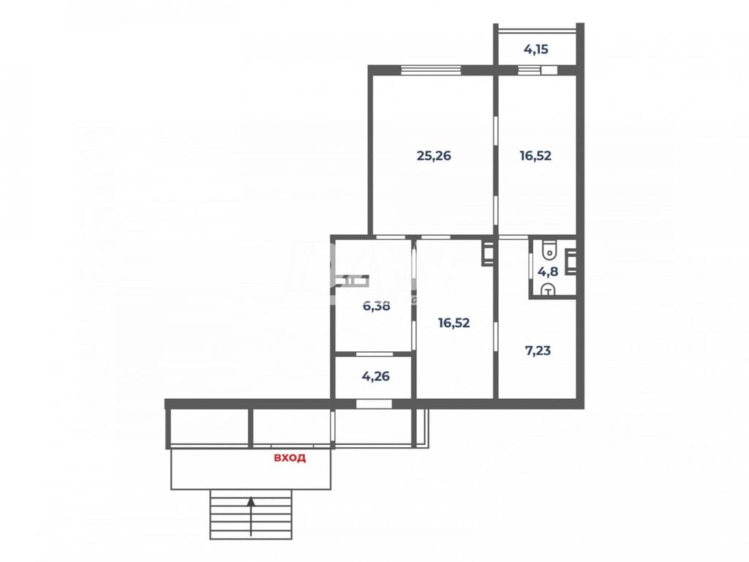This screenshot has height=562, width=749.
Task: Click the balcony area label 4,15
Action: pyautogui.click(x=535, y=49)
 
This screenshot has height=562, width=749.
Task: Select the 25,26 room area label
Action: pyautogui.click(x=434, y=156)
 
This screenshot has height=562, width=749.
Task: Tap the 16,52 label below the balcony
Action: pyautogui.click(x=535, y=156)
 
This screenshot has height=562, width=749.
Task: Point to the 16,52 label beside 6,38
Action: pyautogui.click(x=453, y=323)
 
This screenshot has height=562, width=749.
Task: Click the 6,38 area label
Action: pyautogui.click(x=377, y=306)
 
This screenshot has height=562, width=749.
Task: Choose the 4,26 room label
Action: pyautogui.click(x=376, y=377)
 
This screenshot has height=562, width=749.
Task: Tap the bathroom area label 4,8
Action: pyautogui.click(x=548, y=272)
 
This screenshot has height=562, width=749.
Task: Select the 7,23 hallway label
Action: pyautogui.click(x=538, y=351)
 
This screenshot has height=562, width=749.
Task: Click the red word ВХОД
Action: pyautogui.click(x=290, y=458)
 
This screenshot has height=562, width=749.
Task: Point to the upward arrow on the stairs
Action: pyautogui.click(x=251, y=516)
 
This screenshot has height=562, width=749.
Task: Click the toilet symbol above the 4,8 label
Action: pyautogui.click(x=550, y=249)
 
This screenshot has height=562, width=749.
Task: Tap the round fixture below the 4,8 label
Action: pyautogui.click(x=549, y=290)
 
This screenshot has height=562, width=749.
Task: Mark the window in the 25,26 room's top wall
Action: pyautogui.click(x=431, y=70)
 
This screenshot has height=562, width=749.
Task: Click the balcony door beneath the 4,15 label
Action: pyautogui.click(x=538, y=70)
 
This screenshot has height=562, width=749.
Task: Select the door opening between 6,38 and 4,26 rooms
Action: pyautogui.click(x=374, y=354)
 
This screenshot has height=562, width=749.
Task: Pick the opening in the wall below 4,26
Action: pyautogui.click(x=374, y=404)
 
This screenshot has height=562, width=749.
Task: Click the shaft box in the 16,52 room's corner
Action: pyautogui.click(x=488, y=252)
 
